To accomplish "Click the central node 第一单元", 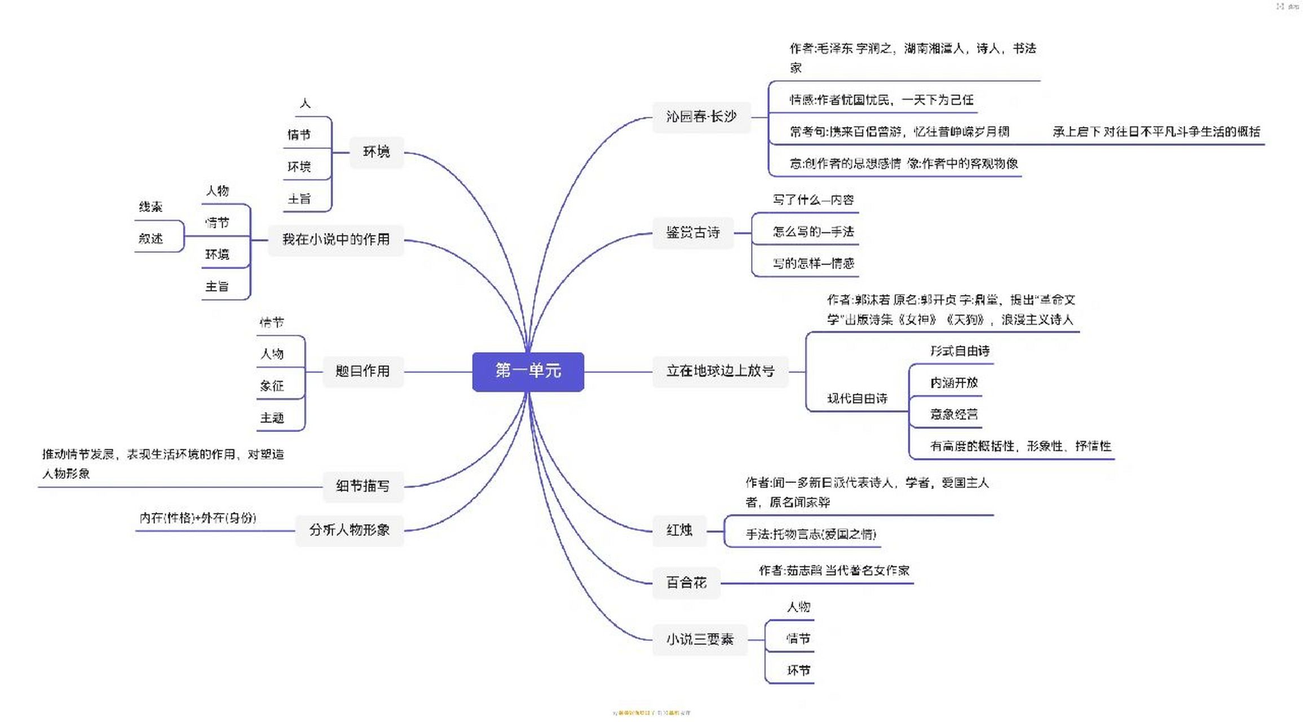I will coord(528,371).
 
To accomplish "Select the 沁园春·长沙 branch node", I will coord(701,117).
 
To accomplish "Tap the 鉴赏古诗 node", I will coord(693,232).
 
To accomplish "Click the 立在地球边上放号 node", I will coord(720,371).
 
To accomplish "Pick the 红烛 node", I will coord(679,530).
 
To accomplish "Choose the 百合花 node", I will coord(686,583).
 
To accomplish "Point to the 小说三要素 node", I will coord(699,640).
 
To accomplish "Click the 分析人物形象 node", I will coord(349,530).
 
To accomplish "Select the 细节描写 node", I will coord(363,486).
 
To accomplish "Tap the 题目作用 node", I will coord(363,371).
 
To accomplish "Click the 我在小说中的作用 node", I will coord(335,240).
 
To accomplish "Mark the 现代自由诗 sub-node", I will coord(857,399).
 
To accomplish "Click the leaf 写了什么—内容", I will coord(813,200).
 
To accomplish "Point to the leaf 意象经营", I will coord(953,415).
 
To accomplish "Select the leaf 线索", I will coord(151,207).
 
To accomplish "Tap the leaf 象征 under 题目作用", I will coord(272,386).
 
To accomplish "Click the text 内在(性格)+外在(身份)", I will coord(197,518).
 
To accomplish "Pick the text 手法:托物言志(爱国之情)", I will coord(811,534).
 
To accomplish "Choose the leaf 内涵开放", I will coord(953,383).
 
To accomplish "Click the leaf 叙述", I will coord(151,239).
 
